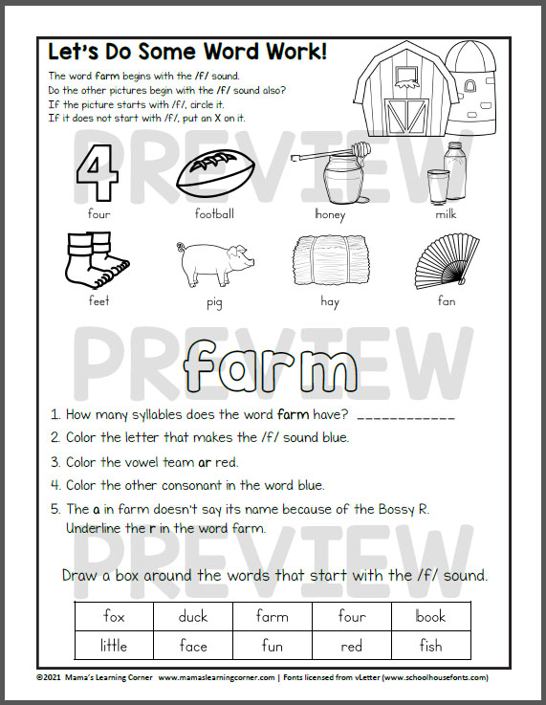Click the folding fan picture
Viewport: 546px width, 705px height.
[x=447, y=259]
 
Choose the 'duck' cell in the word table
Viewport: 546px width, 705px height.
[x=192, y=616]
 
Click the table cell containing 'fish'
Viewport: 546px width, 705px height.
[x=430, y=645]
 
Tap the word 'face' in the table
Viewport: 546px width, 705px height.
[x=192, y=645]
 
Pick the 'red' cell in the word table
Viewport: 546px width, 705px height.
[x=351, y=645]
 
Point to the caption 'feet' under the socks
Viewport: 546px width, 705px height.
[x=99, y=300]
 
